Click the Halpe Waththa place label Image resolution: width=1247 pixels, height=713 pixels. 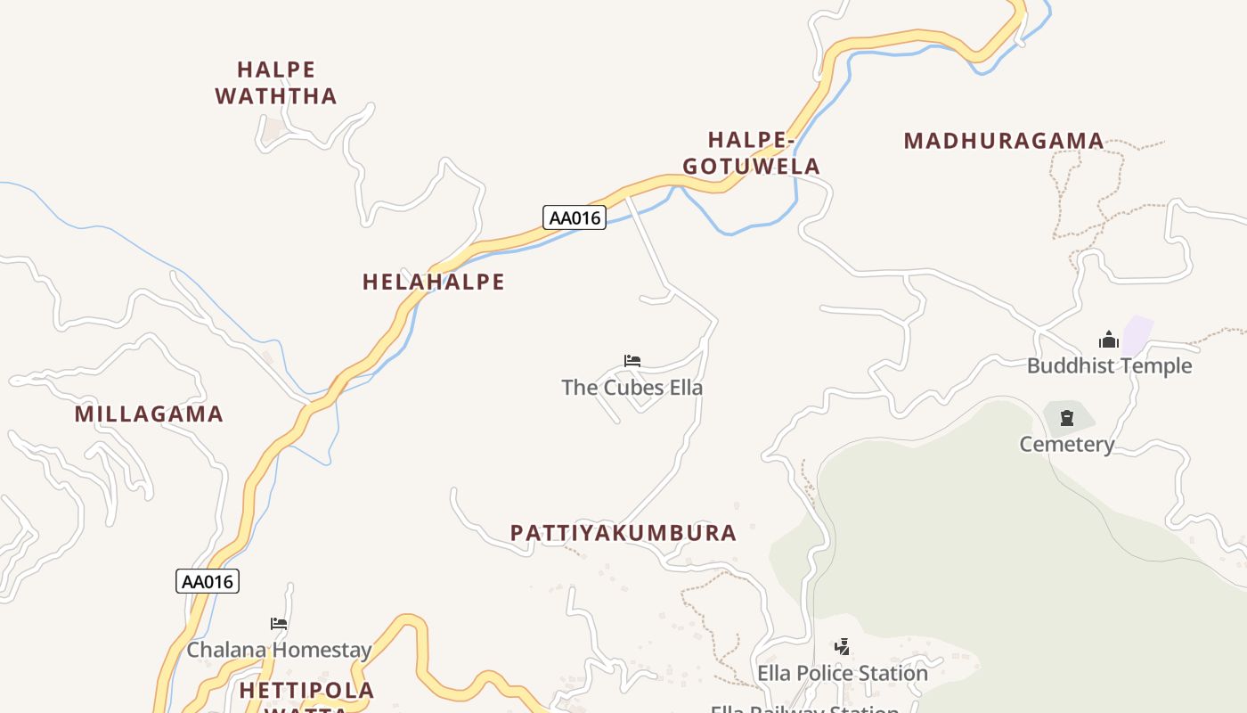click(276, 83)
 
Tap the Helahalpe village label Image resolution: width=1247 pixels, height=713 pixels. click(433, 283)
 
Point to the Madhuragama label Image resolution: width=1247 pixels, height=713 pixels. click(1004, 141)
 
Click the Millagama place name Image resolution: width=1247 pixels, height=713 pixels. click(149, 414)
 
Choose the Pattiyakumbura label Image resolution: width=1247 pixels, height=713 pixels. click(623, 533)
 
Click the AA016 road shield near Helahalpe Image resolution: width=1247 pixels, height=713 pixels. click(575, 217)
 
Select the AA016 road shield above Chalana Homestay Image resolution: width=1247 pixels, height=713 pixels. click(208, 582)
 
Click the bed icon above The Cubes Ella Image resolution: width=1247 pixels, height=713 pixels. click(632, 361)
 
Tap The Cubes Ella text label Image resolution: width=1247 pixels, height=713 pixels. click(632, 388)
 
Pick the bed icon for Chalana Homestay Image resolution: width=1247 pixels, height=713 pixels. click(279, 624)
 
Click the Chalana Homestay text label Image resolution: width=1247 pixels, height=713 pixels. click(279, 650)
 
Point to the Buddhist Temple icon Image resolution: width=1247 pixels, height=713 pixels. click(1109, 340)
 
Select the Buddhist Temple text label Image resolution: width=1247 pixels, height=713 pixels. click(1109, 365)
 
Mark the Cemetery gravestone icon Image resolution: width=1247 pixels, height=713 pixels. click(1067, 417)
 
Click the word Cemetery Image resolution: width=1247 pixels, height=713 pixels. click(1067, 444)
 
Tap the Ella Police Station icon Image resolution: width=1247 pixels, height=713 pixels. click(842, 646)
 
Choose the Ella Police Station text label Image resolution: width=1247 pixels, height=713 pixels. click(842, 673)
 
